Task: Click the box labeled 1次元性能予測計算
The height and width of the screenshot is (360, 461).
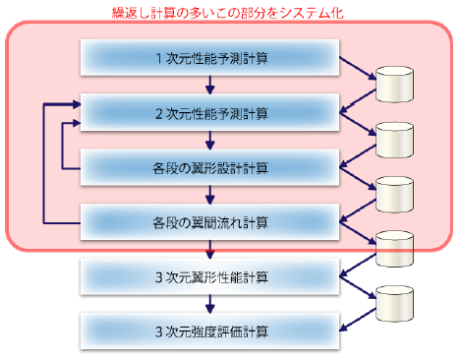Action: coord(211,59)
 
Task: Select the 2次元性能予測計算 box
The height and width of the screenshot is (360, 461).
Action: coord(211,113)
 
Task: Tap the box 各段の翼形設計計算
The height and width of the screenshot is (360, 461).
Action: coord(211,166)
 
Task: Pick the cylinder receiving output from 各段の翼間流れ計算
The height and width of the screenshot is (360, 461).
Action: coord(398,246)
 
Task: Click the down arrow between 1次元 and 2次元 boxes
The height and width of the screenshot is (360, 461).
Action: coord(211,87)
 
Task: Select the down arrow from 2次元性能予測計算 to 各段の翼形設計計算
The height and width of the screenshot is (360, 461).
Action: coord(211,140)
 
